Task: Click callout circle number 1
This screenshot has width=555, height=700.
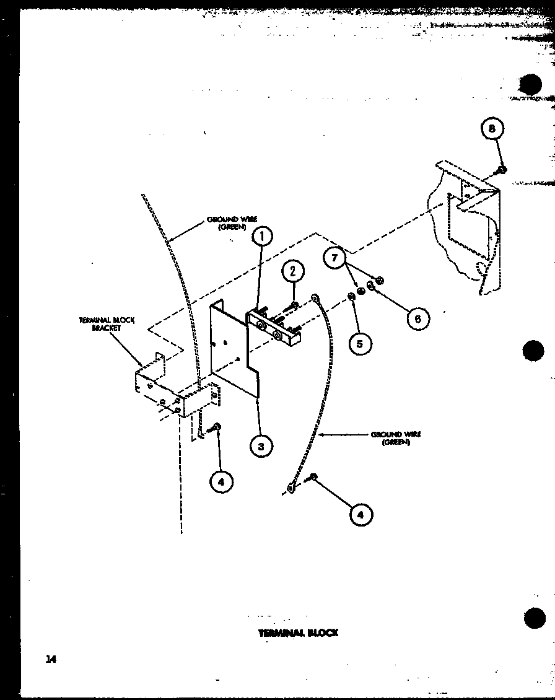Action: pyautogui.click(x=262, y=236)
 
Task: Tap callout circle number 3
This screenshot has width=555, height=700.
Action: pyautogui.click(x=262, y=445)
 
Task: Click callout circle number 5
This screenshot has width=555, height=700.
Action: pyautogui.click(x=361, y=342)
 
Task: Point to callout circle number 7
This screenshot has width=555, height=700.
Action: pyautogui.click(x=335, y=257)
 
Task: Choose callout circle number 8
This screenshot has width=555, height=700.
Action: pyautogui.click(x=491, y=129)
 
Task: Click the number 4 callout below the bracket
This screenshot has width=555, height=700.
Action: pyautogui.click(x=222, y=481)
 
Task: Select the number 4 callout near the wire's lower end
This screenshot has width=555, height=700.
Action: pyautogui.click(x=361, y=514)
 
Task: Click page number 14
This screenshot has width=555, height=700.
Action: pyautogui.click(x=50, y=659)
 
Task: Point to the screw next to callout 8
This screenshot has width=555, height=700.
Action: pyautogui.click(x=502, y=168)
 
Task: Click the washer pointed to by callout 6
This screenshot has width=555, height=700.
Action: pyautogui.click(x=370, y=286)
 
